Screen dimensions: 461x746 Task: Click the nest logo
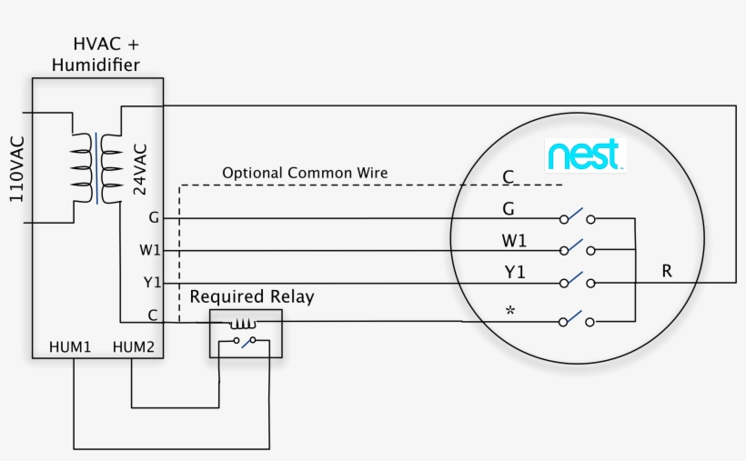point(584,155)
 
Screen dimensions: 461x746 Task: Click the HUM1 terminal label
point(69,347)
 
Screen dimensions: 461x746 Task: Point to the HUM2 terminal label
point(133,347)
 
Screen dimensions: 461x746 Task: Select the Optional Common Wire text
point(305,173)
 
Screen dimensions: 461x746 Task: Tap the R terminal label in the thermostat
point(667,271)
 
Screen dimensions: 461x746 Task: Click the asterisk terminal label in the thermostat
point(509,312)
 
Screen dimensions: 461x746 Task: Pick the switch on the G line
point(577,218)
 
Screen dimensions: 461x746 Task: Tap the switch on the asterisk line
point(577,320)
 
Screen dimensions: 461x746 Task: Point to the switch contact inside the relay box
point(245,342)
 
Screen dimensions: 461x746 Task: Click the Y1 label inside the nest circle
point(515,272)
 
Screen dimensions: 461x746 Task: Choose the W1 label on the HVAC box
point(149,249)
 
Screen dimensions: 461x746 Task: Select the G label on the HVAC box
point(153,217)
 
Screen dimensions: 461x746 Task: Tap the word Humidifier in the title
point(96,65)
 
